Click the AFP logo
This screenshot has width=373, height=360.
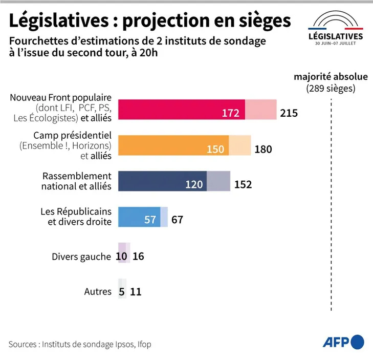click(343, 342)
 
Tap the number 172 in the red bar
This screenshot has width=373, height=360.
click(231, 113)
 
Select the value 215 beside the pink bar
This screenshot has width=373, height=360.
click(289, 113)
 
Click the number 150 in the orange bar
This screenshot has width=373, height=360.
click(215, 149)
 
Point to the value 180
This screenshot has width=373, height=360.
click(263, 149)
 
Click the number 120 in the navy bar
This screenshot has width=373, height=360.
click(194, 184)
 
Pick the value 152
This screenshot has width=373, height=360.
click(243, 184)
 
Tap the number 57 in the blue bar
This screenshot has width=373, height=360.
click(150, 220)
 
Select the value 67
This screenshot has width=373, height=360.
click(177, 220)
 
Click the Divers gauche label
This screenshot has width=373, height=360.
click(81, 257)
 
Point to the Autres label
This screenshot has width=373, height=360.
click(98, 292)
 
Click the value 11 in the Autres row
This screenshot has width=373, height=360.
click(136, 292)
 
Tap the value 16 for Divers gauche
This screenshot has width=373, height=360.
click(138, 257)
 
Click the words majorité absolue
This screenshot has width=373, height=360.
click(331, 77)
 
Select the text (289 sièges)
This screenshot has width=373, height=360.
click(331, 88)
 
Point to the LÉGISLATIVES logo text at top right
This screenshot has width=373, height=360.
click(336, 36)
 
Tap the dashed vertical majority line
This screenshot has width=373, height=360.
click(331, 205)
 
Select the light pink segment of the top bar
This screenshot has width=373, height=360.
click(261, 110)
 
